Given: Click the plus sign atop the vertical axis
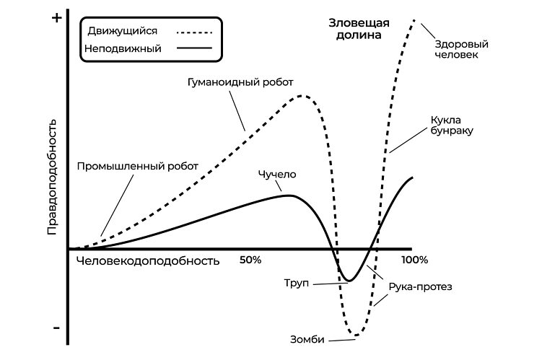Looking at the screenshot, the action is [57, 18].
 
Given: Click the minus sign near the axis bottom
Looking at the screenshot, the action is [57, 328].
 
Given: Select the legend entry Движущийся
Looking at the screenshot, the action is [123, 31].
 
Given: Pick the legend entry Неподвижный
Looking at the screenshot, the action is [123, 48].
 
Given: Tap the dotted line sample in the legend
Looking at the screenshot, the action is [194, 32].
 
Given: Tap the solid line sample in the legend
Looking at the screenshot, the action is [194, 48].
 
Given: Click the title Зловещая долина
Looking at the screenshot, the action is [359, 29].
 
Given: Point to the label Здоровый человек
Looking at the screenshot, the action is [461, 49].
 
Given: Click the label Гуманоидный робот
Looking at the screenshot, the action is [240, 82].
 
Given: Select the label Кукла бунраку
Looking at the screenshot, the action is [452, 125].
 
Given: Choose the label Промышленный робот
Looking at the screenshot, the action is [138, 166].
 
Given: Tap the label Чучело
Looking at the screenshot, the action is [277, 174].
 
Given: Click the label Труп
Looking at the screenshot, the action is [296, 283].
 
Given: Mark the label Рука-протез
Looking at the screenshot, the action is [420, 286].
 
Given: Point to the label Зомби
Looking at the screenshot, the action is [307, 340].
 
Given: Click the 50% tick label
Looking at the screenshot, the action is [250, 260].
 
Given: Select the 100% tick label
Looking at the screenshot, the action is [414, 260].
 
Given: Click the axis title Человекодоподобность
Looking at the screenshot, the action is [148, 261].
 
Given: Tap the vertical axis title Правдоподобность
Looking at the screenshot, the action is [52, 177].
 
